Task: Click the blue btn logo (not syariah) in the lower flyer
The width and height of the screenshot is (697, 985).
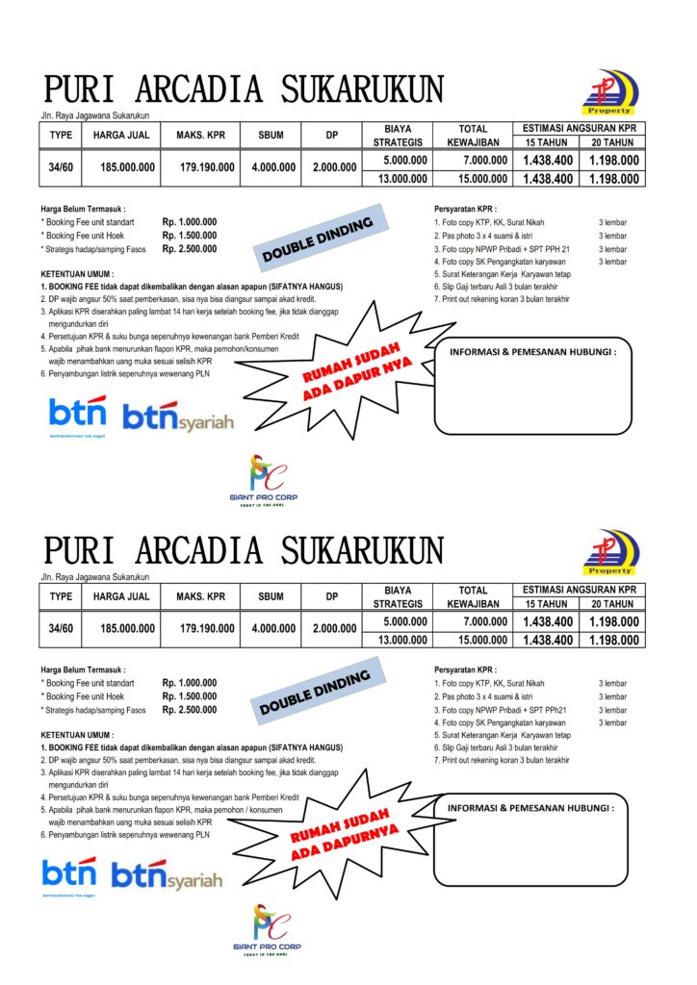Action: pos(69,874)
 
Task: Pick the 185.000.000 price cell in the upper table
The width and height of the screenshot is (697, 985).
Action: pos(127,167)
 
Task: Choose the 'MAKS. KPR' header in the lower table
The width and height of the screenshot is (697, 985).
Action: pos(200,596)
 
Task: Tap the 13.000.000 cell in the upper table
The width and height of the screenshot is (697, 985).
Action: pos(404,179)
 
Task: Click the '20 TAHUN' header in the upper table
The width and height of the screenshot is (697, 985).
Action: pos(612,142)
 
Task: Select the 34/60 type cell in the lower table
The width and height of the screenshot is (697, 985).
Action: pos(61,629)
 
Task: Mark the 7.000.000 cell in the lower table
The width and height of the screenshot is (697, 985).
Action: pos(484,621)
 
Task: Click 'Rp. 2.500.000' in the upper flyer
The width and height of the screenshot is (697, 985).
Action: pos(190,249)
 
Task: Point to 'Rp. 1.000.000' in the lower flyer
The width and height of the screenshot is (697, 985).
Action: pos(190,683)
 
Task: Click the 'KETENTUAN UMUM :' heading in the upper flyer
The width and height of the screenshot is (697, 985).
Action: pos(78,274)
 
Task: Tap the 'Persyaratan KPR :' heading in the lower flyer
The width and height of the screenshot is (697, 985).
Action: pos(466,669)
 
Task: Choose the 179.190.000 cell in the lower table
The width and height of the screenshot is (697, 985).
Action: pos(207,629)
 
